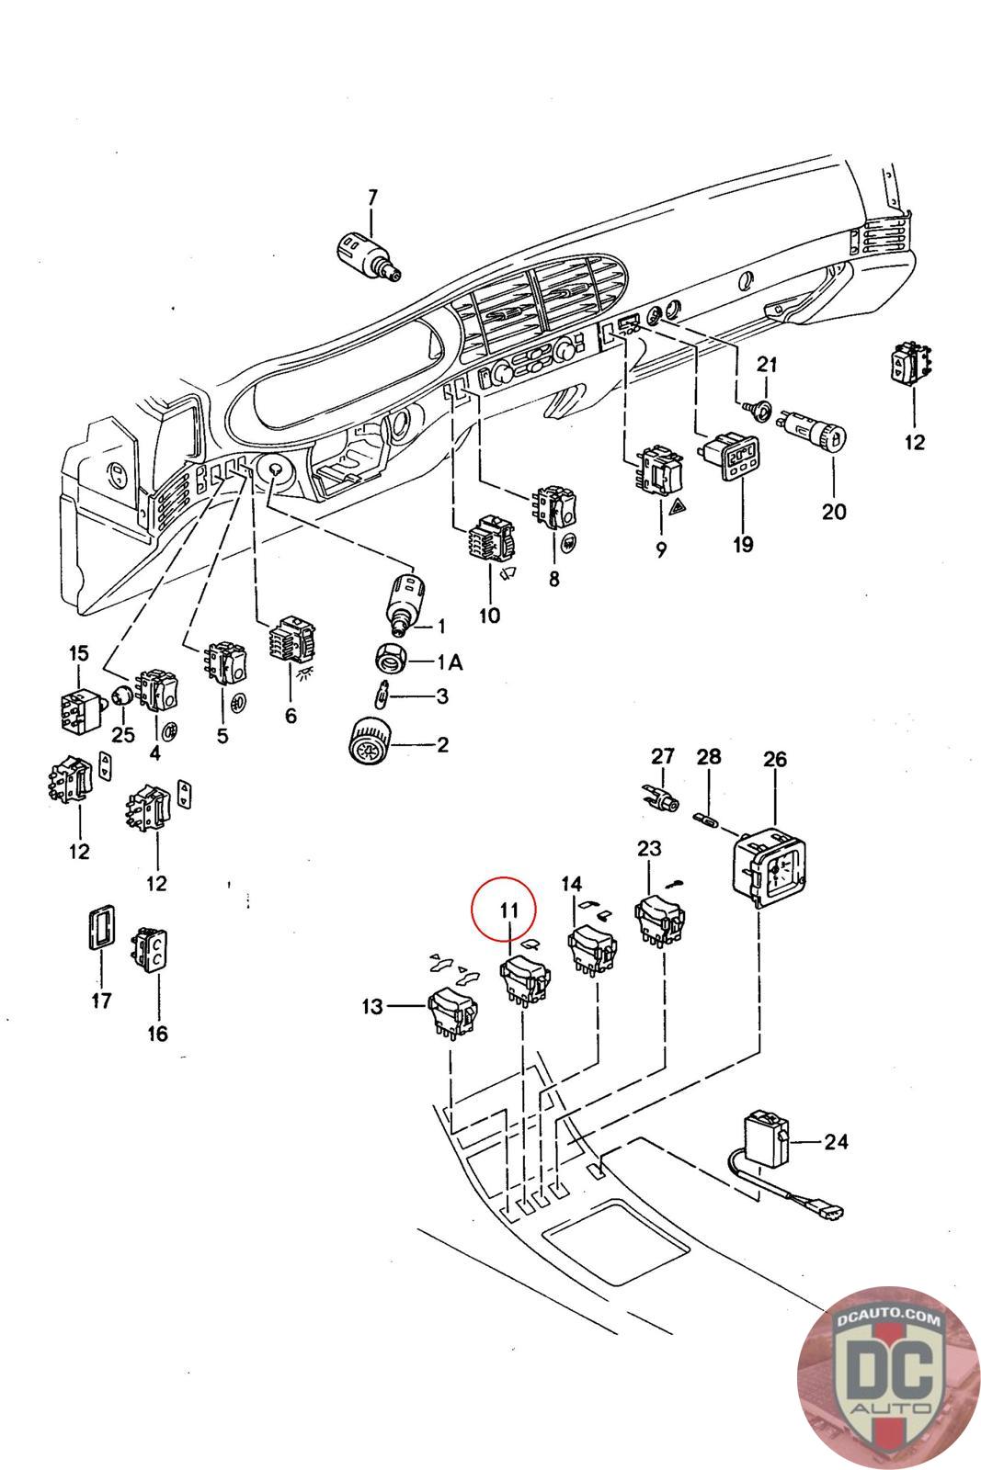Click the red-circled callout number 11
[508, 910]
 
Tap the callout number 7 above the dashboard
[373, 197]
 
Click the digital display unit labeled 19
[729, 455]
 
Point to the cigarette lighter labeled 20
[812, 431]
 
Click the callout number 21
[767, 364]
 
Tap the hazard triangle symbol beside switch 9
[675, 505]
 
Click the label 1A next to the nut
[450, 662]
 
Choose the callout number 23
[649, 849]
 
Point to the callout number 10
[489, 616]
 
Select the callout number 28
[709, 757]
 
